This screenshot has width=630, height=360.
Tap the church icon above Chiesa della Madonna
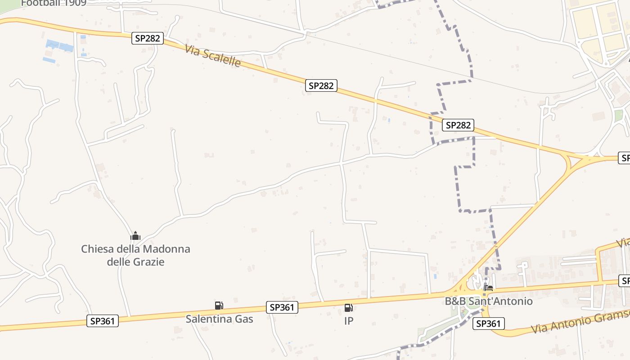coord(135,236)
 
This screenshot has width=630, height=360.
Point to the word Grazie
coord(148,261)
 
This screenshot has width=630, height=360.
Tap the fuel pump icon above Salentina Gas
coord(219,306)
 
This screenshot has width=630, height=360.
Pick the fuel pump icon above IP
coord(348,308)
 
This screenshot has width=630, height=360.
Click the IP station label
coord(348,321)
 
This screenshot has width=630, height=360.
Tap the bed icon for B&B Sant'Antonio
coord(488,288)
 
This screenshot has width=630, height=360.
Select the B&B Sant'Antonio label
coord(488,301)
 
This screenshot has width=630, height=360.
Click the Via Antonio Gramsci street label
coord(580,323)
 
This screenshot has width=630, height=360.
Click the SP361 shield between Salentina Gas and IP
coord(282,307)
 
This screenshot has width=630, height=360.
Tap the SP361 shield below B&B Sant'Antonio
coord(488,323)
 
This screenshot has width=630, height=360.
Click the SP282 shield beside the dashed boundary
coord(458,125)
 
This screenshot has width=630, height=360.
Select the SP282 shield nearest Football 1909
coord(147,38)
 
